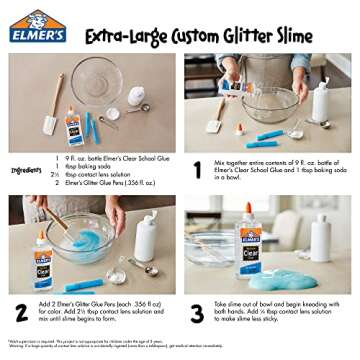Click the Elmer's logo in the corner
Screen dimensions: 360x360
coord(37,27)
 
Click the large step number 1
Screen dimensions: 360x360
coord(197,170)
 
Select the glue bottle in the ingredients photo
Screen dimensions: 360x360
coord(74,127)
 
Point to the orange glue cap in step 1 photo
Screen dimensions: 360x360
coord(239,129)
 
